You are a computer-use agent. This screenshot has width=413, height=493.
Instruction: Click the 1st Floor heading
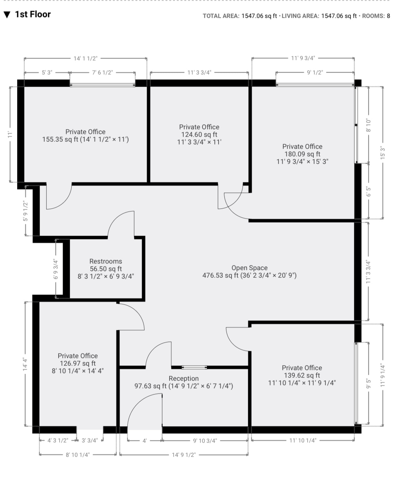[33, 14]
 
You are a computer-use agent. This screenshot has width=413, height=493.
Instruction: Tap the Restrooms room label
[105, 261]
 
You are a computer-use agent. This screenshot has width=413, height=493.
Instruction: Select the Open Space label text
[249, 268]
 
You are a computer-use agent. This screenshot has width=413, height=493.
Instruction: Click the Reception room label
[184, 379]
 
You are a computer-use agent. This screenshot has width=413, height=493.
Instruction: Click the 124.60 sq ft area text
[199, 135]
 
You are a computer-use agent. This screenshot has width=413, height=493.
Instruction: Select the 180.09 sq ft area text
[302, 154]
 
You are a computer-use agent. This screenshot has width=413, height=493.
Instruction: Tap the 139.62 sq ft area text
[302, 375]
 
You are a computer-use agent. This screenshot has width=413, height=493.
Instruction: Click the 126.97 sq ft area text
[77, 363]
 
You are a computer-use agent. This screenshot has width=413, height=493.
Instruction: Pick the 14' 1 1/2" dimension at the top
[86, 59]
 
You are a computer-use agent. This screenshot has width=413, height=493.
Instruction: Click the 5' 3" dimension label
[47, 73]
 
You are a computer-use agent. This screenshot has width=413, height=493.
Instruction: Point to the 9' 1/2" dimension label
[315, 73]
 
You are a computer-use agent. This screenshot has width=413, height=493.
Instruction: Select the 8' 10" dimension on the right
[369, 125]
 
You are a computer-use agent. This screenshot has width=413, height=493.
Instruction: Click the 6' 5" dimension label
[369, 191]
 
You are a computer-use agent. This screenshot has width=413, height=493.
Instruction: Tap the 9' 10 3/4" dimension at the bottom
[205, 441]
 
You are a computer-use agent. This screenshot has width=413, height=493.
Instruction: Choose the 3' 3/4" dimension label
[89, 440]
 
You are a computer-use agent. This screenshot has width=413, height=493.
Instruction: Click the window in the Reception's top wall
[194, 368]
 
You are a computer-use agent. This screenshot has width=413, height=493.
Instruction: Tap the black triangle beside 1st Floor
[7, 15]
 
